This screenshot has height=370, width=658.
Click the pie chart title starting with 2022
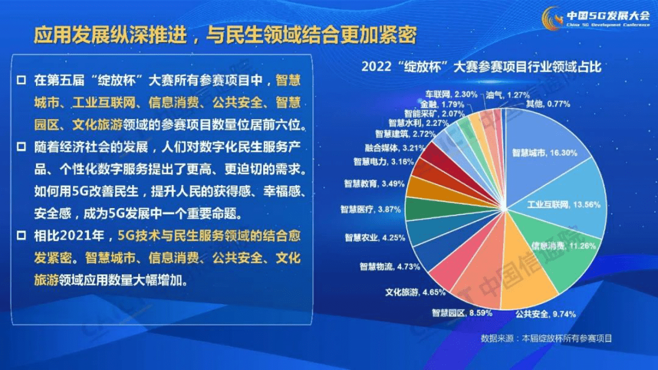pos(481,67)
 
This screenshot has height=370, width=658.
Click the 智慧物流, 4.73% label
pos(389,267)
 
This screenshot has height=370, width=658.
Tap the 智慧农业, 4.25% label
pos(375,237)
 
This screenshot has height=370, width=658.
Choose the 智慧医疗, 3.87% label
pos(369,209)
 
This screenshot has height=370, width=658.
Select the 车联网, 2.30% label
pos(451,94)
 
